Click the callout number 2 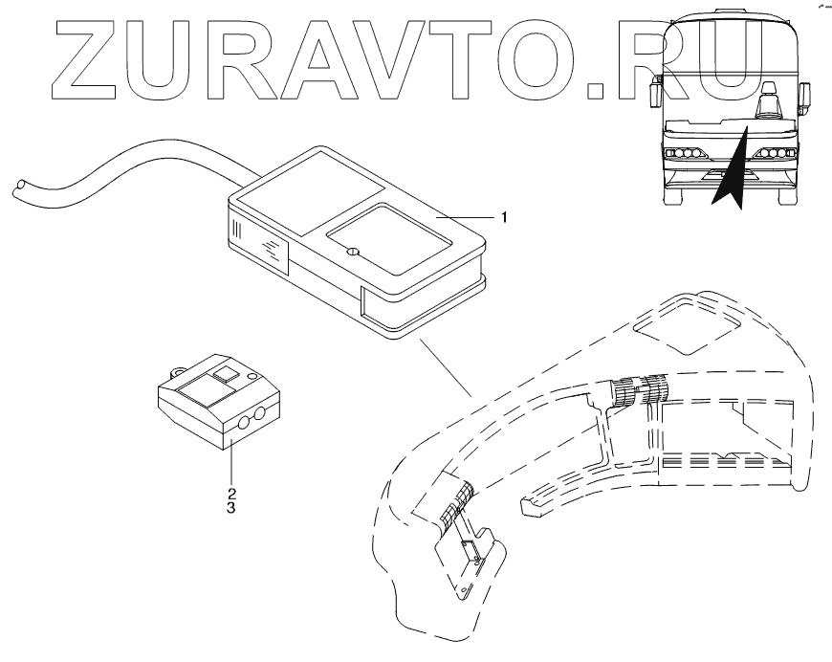[x=230, y=494]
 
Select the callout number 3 [x=230, y=509]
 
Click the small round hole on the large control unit [x=351, y=253]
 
